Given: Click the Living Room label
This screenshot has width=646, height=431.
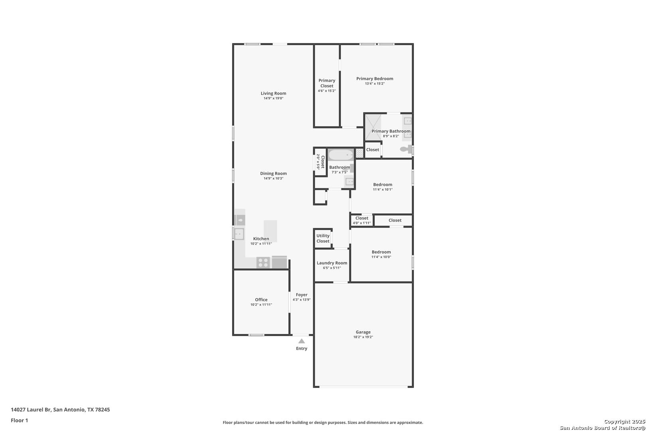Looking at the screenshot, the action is pos(274,93).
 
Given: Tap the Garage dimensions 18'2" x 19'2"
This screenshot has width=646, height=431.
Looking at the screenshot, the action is pos(363,337).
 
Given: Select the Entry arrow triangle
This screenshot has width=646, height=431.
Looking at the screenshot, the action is pos(301,341).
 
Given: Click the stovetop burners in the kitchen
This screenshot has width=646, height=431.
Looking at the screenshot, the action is pos(263,263).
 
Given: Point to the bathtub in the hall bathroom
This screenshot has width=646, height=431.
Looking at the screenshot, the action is pos(341,155).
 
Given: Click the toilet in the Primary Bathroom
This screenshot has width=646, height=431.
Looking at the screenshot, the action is pos(406,149).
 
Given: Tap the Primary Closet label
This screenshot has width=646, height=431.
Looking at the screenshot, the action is pos(327,83).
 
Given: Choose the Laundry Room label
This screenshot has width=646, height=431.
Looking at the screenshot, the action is pos(332,263).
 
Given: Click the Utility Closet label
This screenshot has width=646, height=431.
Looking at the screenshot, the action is pos(323,239).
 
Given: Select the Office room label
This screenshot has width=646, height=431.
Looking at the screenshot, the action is pos(261,300).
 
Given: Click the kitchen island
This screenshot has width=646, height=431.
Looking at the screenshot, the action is pos(270,231).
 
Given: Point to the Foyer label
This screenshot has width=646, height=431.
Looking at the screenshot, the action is pos(301,295).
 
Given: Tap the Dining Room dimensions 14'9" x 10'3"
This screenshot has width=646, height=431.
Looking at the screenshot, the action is pos(274,178).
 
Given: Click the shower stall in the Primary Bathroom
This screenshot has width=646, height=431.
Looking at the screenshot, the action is pos(373,127).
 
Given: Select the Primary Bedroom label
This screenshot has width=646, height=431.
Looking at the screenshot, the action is pos(374,79).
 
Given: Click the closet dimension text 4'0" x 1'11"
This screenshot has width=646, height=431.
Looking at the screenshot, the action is pos(362,223).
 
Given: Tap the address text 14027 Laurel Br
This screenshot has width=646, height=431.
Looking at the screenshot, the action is pos(31,409).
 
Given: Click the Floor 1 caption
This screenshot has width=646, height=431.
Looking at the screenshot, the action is pos(19,420).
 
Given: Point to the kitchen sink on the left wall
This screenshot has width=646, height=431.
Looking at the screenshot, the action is pos(239,234).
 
